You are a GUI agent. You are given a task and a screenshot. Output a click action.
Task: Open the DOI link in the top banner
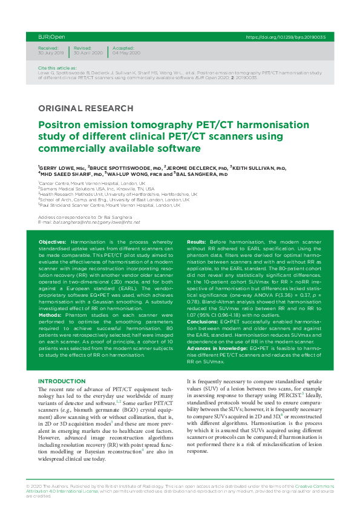pyautogui.click(x=286, y=37)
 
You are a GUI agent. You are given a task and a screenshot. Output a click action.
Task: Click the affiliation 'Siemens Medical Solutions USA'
pyautogui.click(x=76, y=189)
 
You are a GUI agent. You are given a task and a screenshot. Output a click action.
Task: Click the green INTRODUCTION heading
pyautogui.click(x=62, y=381)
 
